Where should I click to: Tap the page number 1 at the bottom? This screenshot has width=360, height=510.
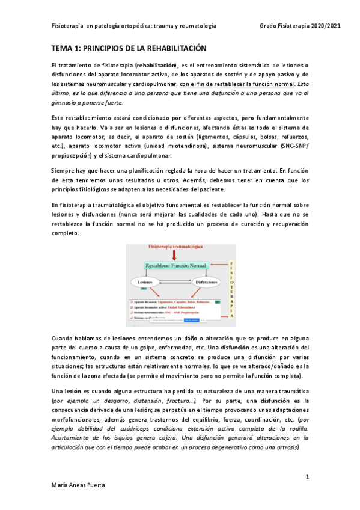point(307,476)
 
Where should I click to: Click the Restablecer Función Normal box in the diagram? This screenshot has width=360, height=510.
point(175,265)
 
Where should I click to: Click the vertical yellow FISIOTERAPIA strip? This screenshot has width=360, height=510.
point(231,282)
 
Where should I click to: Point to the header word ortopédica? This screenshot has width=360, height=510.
point(135,26)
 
